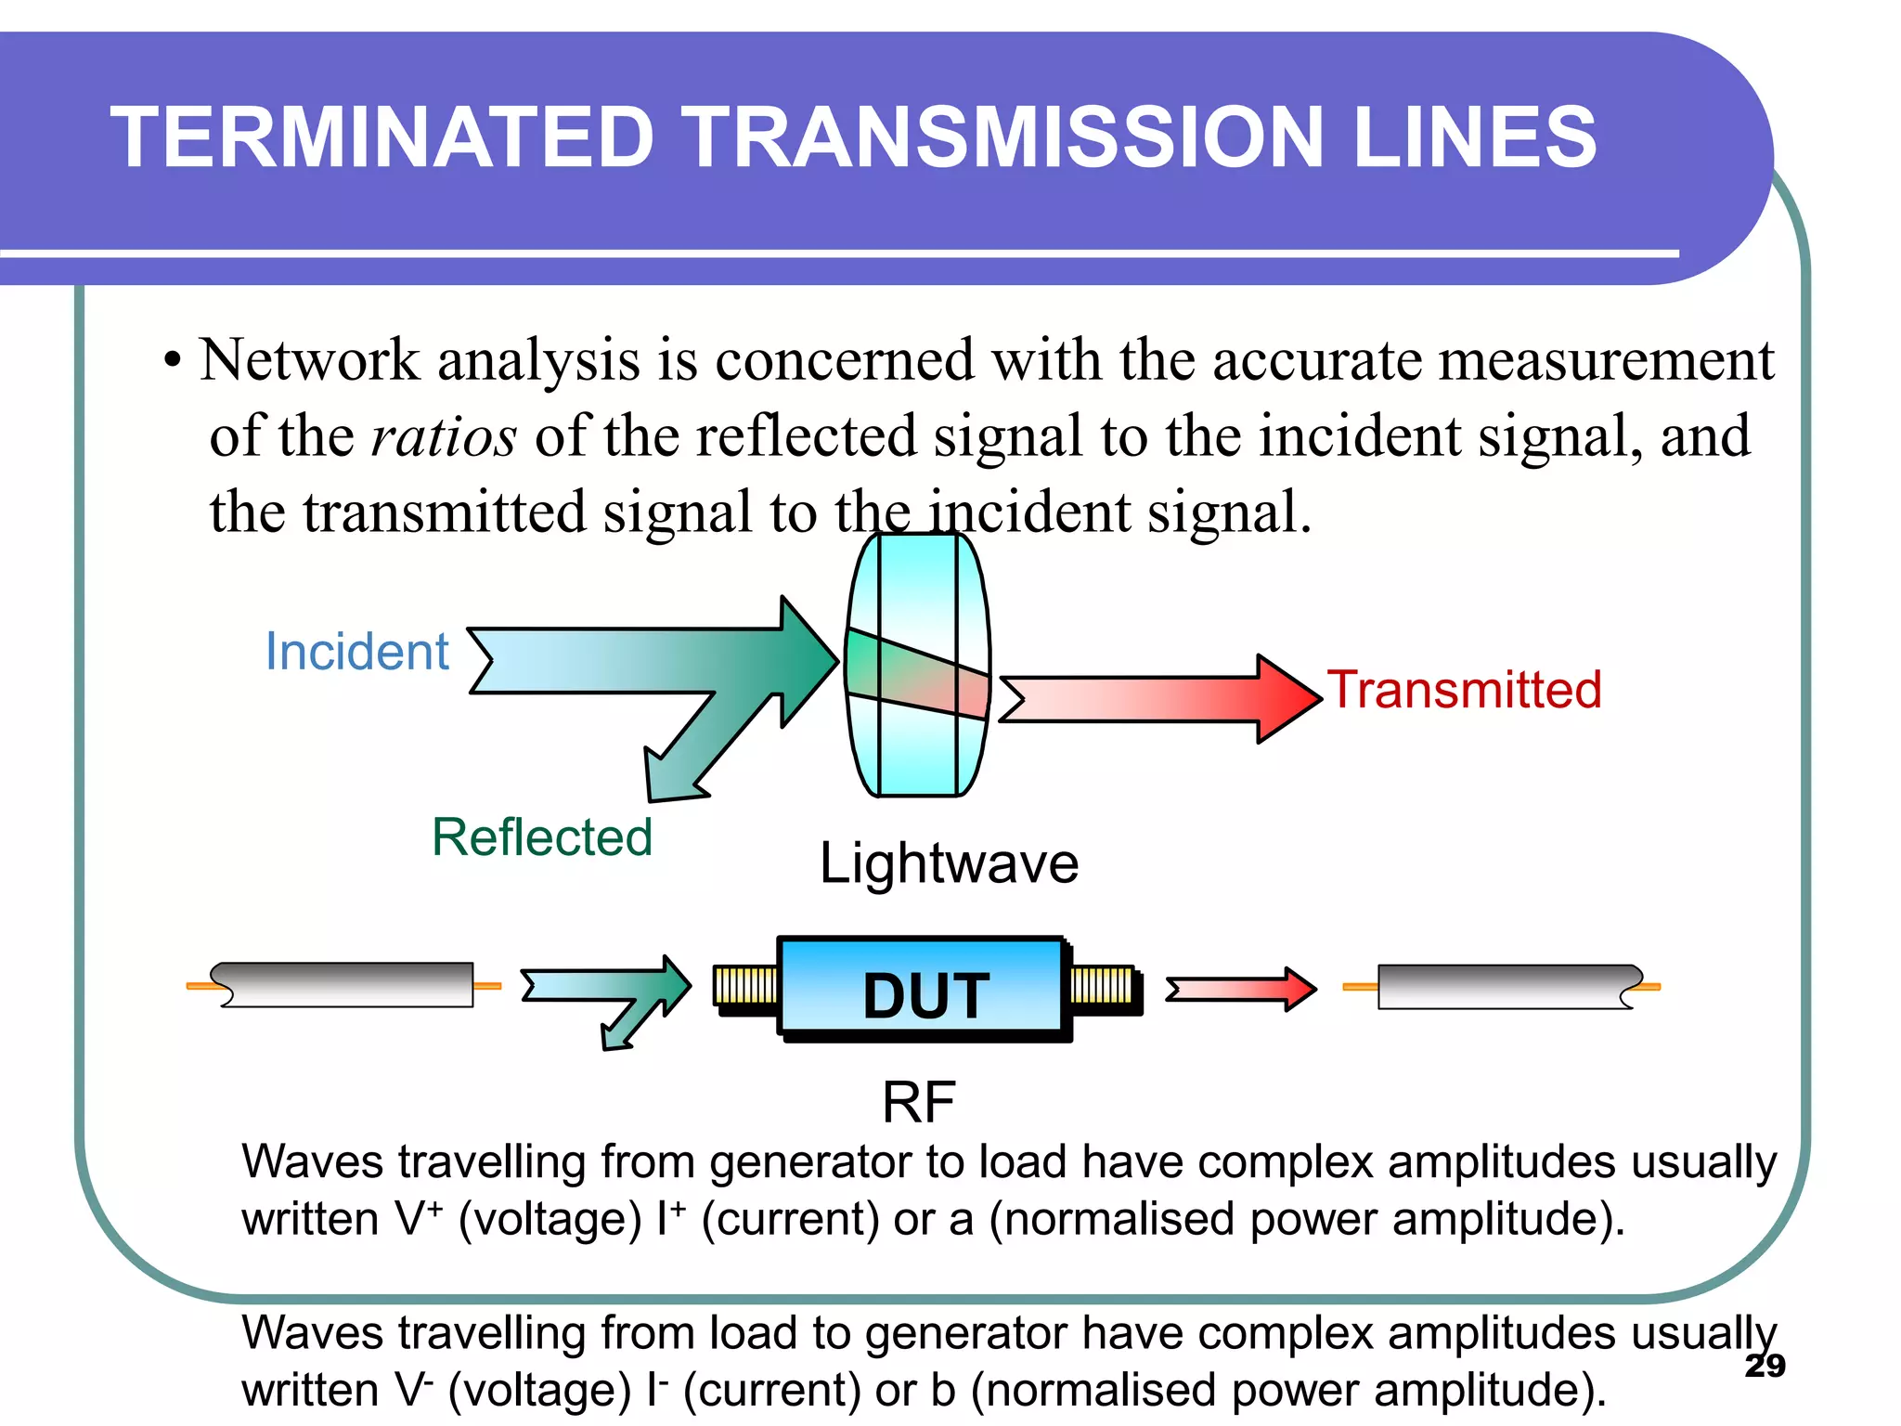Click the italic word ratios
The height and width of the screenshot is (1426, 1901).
pyautogui.click(x=443, y=436)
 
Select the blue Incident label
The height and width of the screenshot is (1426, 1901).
pyautogui.click(x=356, y=651)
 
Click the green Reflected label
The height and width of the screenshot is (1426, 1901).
pyautogui.click(x=542, y=836)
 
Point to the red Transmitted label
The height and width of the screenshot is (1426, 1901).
pyautogui.click(x=1465, y=690)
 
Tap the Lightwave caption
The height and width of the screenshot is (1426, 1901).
pyautogui.click(x=949, y=863)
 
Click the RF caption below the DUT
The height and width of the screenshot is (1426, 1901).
pyautogui.click(x=918, y=1102)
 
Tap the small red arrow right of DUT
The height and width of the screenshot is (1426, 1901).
pyautogui.click(x=1240, y=989)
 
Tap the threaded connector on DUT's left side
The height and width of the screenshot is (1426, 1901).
pyautogui.click(x=745, y=987)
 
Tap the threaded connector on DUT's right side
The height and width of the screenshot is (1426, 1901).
pyautogui.click(x=1102, y=987)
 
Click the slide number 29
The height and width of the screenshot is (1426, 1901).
pyautogui.click(x=1765, y=1366)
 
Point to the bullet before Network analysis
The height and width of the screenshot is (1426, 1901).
pyautogui.click(x=173, y=361)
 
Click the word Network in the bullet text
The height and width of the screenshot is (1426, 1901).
pyautogui.click(x=309, y=360)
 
